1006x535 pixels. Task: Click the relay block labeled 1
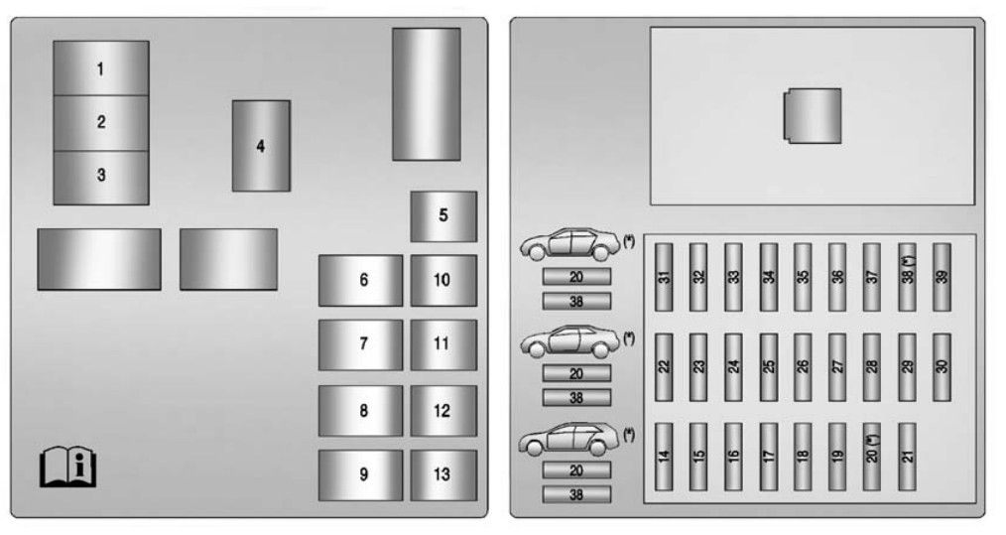pyautogui.click(x=101, y=68)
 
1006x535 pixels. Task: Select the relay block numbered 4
pyautogui.click(x=261, y=146)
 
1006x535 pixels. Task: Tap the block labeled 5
pyautogui.click(x=443, y=216)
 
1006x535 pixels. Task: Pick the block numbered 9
pyautogui.click(x=360, y=475)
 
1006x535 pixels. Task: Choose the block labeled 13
pyautogui.click(x=443, y=475)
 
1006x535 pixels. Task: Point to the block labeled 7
pyautogui.click(x=360, y=344)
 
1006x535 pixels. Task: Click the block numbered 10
pyautogui.click(x=443, y=281)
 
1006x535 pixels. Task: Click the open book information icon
pyautogui.click(x=68, y=467)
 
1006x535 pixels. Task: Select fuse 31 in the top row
pyautogui.click(x=664, y=277)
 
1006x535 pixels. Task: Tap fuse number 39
pyautogui.click(x=942, y=277)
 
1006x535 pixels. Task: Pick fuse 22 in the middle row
pyautogui.click(x=664, y=366)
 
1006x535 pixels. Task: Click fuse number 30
pyautogui.click(x=942, y=366)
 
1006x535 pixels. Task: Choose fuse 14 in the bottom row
pyautogui.click(x=664, y=457)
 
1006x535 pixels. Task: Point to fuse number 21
pyautogui.click(x=907, y=457)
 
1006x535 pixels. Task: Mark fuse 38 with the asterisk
pyautogui.click(x=907, y=277)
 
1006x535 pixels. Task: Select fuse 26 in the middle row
pyautogui.click(x=803, y=366)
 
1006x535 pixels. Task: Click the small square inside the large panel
pyautogui.click(x=813, y=116)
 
